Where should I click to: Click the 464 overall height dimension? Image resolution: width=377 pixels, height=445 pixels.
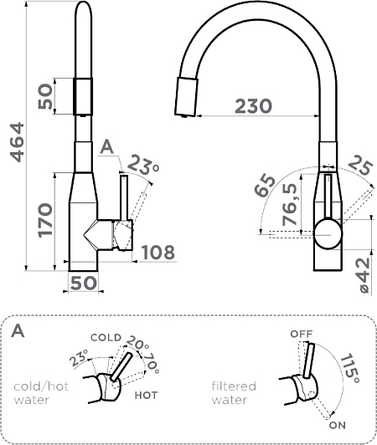click(17, 142)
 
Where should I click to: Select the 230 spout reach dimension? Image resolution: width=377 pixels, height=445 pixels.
click(253, 106)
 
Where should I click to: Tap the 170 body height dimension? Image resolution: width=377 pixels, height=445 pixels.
click(45, 220)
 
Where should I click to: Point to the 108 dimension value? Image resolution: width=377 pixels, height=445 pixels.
click(158, 252)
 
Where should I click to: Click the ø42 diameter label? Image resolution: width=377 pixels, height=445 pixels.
click(364, 275)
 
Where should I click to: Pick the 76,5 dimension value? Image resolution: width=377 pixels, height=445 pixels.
click(289, 204)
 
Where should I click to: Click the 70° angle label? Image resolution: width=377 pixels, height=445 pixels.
click(151, 363)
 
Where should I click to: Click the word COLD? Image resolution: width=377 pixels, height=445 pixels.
click(106, 337)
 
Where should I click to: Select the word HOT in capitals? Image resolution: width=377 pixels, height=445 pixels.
click(146, 395)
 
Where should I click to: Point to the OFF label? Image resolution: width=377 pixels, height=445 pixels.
click(301, 334)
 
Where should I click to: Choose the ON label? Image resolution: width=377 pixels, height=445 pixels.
click(338, 425)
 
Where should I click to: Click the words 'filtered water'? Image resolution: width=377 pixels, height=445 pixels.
click(234, 393)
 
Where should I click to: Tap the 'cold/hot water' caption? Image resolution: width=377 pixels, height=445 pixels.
click(41, 393)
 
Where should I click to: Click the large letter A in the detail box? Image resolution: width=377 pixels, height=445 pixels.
click(18, 330)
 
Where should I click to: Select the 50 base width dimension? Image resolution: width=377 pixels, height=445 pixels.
click(83, 283)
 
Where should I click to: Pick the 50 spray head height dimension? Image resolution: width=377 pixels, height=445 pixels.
click(45, 96)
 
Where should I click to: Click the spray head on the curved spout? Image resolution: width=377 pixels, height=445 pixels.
click(186, 97)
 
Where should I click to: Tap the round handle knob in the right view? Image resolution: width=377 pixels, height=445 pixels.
click(328, 234)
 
